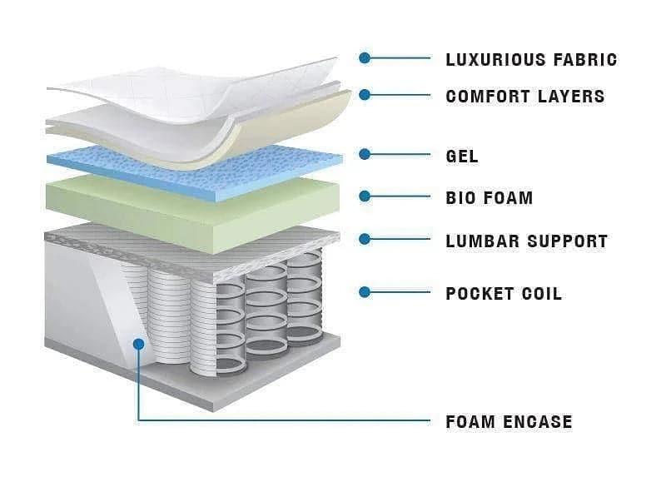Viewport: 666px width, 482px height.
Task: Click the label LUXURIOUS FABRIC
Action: pos(531,59)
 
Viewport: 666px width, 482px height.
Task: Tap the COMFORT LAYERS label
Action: pos(524,96)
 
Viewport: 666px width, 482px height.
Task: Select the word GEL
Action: pos(462,156)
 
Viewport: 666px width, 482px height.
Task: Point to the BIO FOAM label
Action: pos(489,198)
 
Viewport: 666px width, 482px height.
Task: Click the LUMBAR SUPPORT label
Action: pos(526,241)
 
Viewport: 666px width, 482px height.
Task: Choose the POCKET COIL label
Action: pos(503,293)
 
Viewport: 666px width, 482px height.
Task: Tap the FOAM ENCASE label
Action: pos(509,421)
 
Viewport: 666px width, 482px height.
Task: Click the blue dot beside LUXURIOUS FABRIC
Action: pos(365,58)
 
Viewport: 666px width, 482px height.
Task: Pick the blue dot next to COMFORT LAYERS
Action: pos(365,95)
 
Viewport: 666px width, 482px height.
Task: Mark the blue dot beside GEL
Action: pos(365,154)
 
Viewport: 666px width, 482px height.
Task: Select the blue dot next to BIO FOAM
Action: pos(365,196)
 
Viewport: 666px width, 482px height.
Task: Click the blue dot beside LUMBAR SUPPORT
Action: pos(365,240)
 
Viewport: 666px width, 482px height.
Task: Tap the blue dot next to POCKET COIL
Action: pos(365,291)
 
